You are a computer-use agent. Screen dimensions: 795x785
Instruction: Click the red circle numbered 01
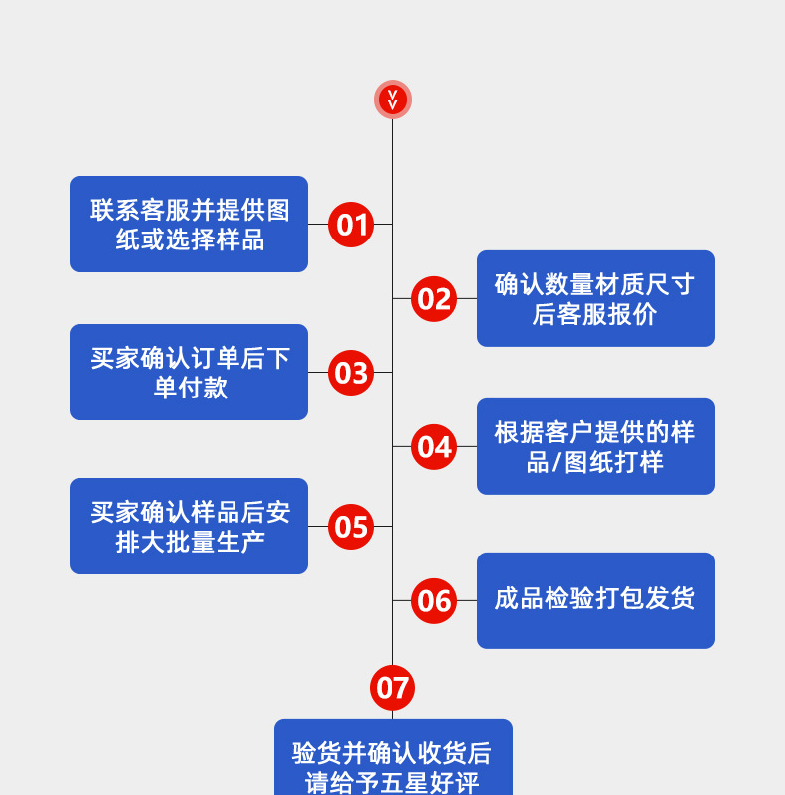tap(351, 225)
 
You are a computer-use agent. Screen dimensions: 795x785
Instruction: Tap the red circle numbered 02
tap(434, 299)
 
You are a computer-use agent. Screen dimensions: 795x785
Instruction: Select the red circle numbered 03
tap(351, 373)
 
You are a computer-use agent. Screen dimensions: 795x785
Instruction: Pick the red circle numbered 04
tap(434, 447)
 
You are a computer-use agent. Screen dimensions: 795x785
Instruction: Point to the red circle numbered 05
tap(351, 527)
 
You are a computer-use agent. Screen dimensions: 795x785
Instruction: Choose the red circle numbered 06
tap(434, 601)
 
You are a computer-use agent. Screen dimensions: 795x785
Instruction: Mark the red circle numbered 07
tap(392, 688)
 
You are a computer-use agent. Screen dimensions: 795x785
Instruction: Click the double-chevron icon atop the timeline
tap(392, 99)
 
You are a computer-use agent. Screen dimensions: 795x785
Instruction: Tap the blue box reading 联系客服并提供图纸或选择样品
tap(189, 224)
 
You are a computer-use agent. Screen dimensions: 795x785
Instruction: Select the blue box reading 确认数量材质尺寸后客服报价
tap(596, 298)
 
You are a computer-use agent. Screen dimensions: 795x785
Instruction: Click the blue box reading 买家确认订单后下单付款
tap(189, 372)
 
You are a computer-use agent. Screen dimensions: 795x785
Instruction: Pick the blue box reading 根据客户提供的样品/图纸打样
tap(596, 446)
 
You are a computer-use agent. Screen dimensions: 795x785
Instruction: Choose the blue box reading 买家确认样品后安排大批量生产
tap(189, 526)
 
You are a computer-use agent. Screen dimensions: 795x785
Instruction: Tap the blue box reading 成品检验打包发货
tap(596, 600)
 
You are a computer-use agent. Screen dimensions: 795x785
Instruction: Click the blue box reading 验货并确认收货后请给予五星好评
tap(393, 760)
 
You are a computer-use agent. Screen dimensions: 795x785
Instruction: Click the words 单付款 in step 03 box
tap(191, 388)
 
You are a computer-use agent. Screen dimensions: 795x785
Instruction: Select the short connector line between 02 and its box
tap(467, 298)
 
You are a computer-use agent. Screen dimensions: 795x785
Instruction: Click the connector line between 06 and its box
tap(467, 600)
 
